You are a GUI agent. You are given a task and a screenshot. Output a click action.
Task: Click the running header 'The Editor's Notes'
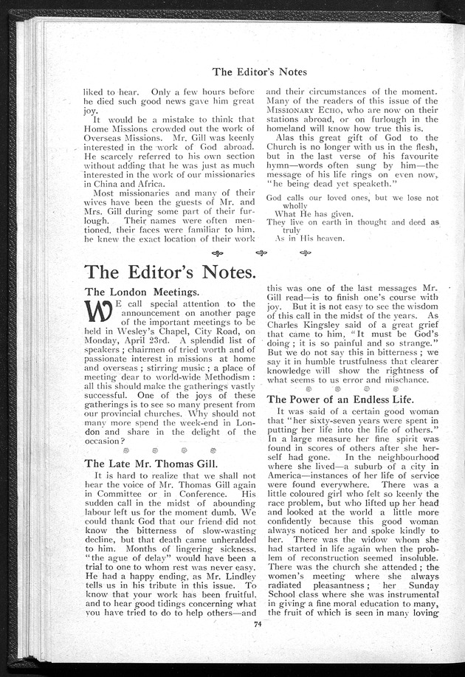259,72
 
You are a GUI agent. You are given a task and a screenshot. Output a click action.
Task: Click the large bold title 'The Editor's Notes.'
171,271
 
